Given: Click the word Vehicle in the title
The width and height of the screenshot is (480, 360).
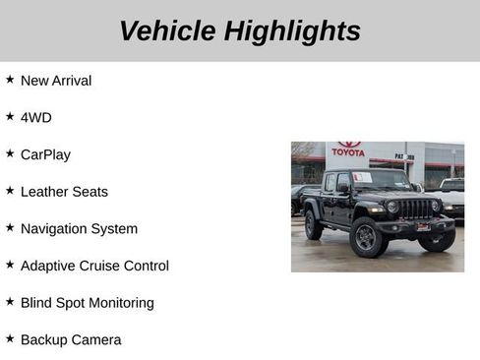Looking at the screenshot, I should click(167, 31).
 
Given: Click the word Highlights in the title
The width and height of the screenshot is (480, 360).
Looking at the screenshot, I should click(292, 31).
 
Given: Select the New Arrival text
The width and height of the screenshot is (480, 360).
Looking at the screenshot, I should click(56, 81).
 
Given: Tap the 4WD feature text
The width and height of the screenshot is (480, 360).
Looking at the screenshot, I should click(36, 118).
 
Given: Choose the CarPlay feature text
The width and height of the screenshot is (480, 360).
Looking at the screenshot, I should click(45, 154).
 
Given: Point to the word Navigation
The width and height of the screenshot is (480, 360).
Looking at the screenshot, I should click(55, 229).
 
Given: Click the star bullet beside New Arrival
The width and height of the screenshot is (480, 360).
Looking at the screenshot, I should click(10, 80).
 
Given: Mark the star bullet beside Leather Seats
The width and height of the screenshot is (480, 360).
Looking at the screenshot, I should click(10, 191).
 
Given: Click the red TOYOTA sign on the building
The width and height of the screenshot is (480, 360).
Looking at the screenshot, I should click(348, 150).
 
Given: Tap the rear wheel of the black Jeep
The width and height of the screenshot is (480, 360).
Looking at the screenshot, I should click(313, 226).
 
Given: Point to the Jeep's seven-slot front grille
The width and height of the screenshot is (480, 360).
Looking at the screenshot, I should click(415, 209).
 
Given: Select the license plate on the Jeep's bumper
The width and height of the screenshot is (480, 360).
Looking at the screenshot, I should click(423, 227).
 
